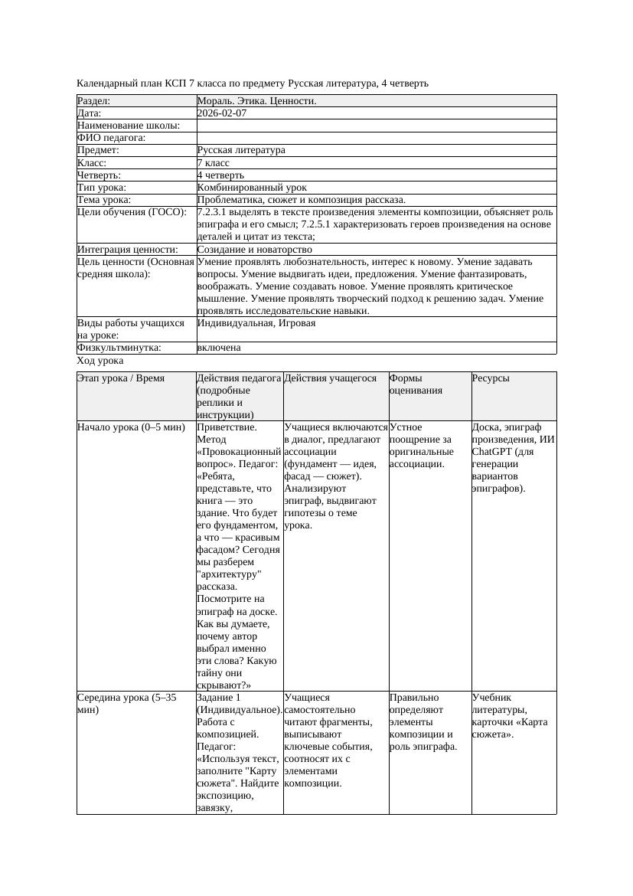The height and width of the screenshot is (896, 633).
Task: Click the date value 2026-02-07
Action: click(222, 113)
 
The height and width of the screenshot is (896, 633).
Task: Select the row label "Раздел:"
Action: click(94, 101)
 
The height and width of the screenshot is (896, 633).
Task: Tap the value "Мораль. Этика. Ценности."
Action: click(256, 101)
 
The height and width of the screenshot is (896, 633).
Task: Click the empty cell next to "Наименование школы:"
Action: click(376, 126)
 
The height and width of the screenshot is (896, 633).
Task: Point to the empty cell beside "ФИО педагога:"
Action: click(376, 138)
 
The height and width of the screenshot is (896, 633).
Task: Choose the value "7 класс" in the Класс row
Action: click(214, 163)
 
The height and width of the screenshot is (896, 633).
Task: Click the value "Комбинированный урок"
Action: click(252, 188)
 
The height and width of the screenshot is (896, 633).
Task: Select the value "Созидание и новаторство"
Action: click(254, 250)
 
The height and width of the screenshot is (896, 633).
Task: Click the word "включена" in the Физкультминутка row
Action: click(219, 348)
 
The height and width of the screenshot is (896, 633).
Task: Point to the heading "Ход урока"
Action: click(100, 361)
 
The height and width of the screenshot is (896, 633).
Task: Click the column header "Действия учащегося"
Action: click(330, 378)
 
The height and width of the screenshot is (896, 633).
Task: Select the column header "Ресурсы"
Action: click(491, 378)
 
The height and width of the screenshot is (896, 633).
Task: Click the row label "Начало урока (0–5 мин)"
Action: click(131, 427)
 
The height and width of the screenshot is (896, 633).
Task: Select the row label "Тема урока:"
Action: click(104, 200)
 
